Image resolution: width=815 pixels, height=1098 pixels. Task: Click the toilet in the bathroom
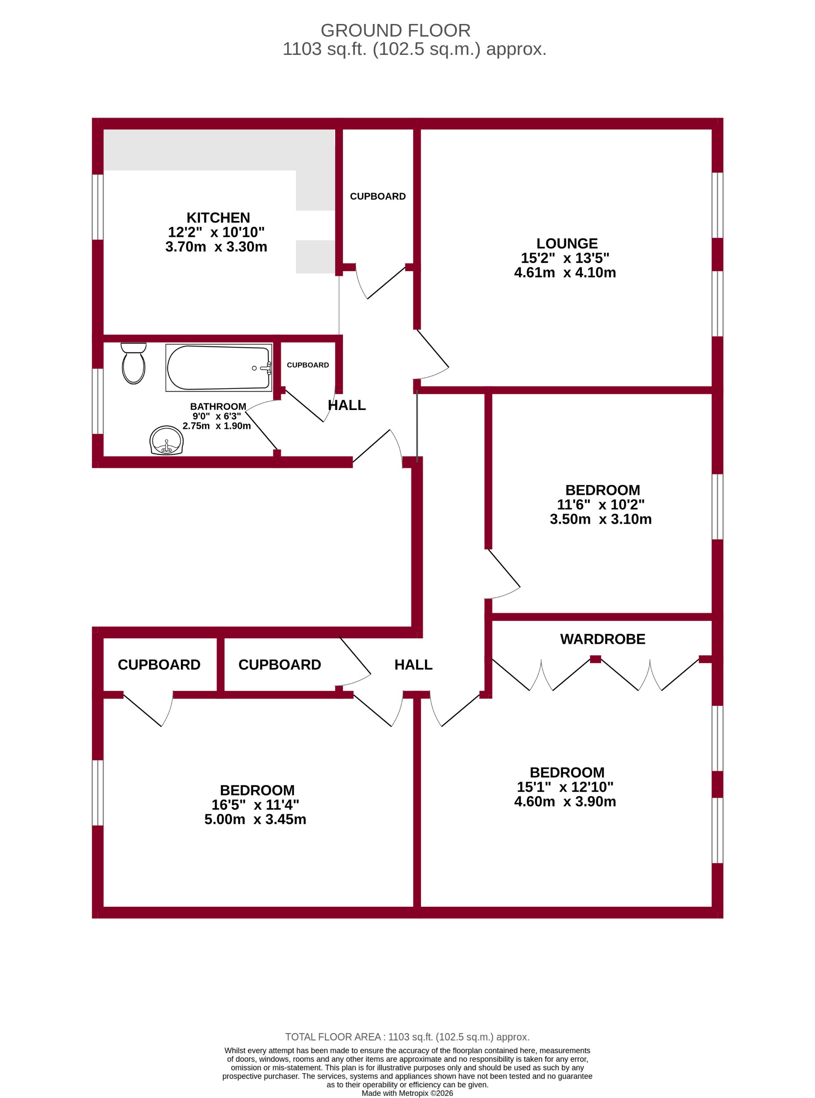point(133,364)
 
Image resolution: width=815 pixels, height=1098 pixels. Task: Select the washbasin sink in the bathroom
point(166,440)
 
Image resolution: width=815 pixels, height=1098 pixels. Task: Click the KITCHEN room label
point(218,217)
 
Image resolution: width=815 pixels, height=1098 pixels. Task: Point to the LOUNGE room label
point(567,243)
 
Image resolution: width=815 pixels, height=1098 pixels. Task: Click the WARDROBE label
point(602,639)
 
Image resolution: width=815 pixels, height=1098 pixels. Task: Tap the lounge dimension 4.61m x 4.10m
point(565,272)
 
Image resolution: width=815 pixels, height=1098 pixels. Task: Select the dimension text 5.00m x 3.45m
point(255,819)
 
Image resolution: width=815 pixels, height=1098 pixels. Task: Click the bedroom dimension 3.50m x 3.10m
point(601,519)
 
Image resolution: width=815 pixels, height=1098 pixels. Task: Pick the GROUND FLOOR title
point(395,30)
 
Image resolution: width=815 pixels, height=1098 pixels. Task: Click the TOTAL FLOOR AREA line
point(407,1037)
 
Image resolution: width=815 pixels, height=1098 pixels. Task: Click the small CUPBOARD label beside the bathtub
point(307,365)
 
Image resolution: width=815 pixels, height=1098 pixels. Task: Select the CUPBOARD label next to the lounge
point(377,197)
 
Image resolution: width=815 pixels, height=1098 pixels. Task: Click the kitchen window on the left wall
point(98,207)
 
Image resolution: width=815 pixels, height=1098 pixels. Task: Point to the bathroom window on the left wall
point(98,401)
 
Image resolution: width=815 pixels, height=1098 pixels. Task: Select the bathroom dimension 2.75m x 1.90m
point(217,426)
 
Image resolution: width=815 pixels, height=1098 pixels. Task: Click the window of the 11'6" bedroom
point(717,507)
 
